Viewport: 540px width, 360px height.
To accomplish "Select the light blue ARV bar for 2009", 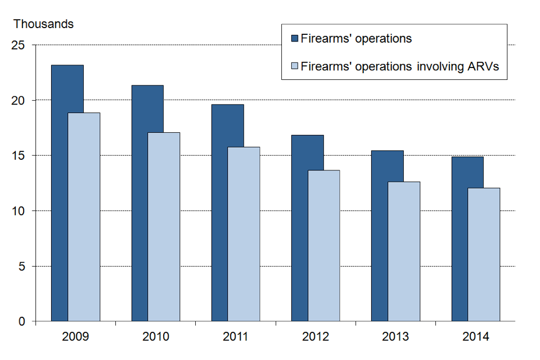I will point(84,217).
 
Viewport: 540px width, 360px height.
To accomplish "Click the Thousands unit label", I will point(43,24).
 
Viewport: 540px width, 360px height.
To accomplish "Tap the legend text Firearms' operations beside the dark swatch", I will point(356,39).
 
